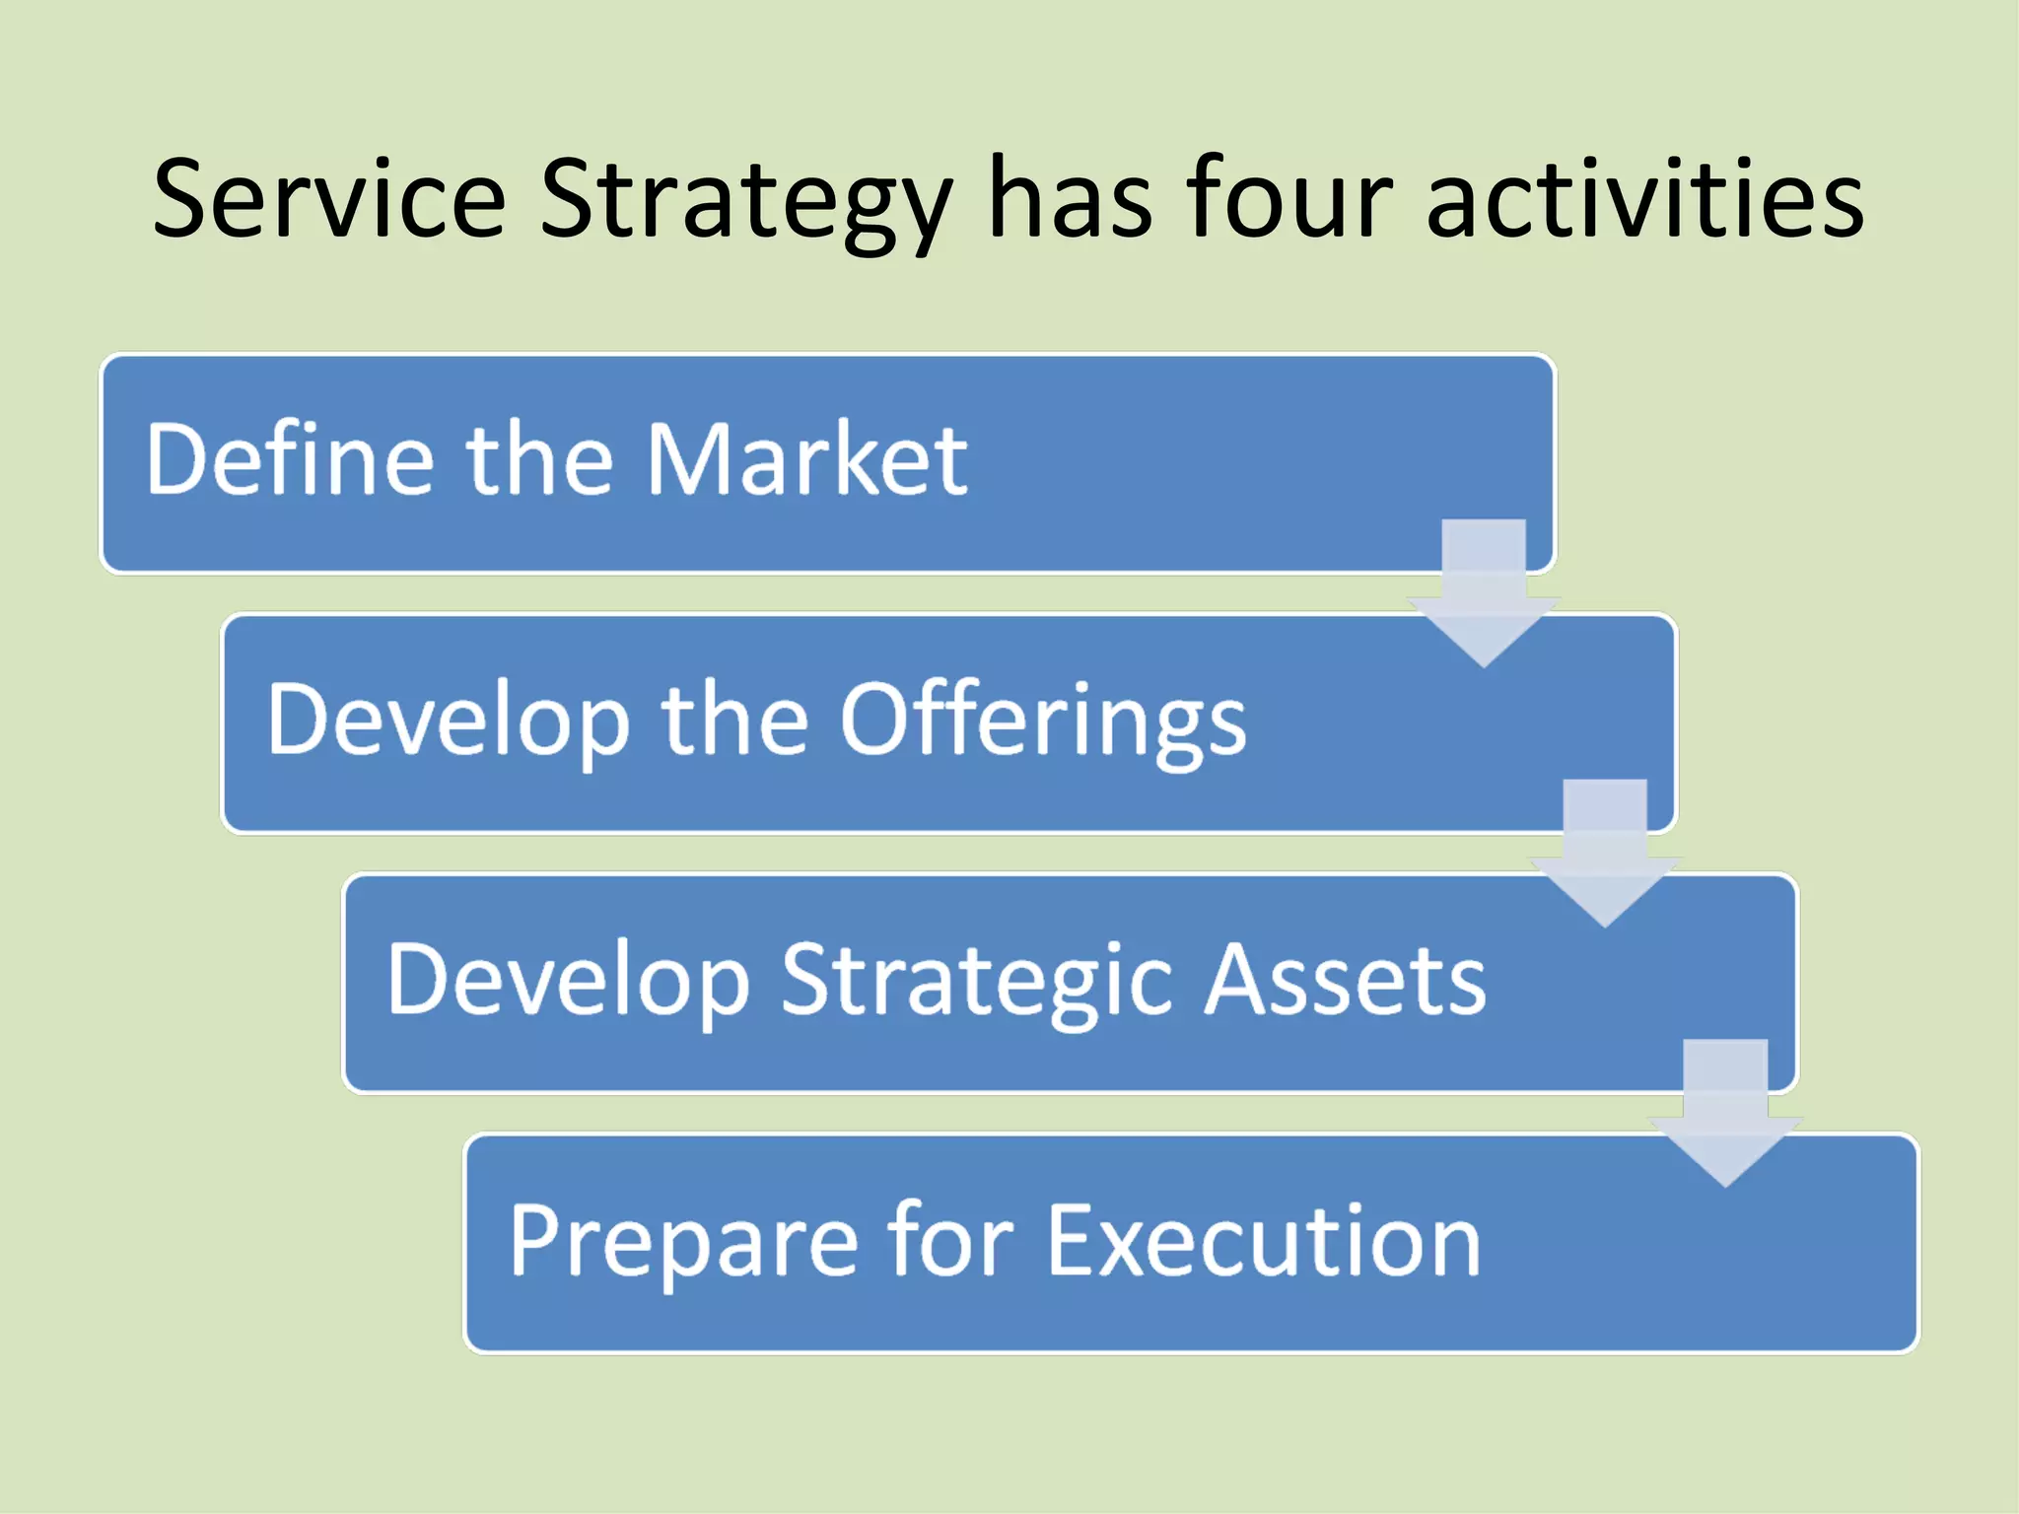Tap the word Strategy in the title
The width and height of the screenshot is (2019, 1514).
coord(746,202)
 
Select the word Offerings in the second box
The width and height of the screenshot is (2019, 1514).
coord(1043,722)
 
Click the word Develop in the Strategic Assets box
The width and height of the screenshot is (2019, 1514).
coord(568,981)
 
